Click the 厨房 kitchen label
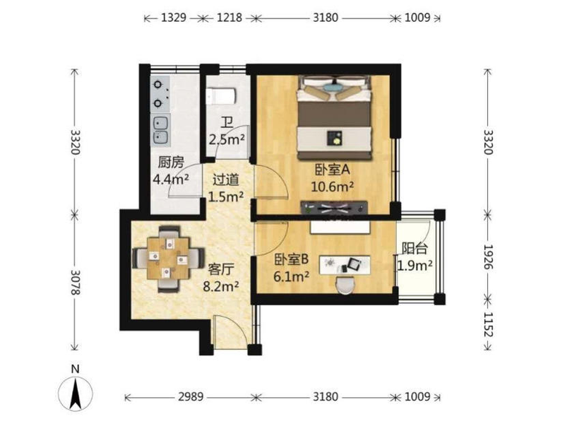[x=171, y=163]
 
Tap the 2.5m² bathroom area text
[x=227, y=139]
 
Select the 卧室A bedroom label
[x=332, y=170]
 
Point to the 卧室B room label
[x=292, y=259]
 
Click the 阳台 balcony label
[x=415, y=249]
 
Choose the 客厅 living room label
[x=221, y=269]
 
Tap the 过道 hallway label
[x=225, y=179]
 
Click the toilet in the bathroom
[x=221, y=96]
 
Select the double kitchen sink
[x=160, y=130]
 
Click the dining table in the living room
[x=168, y=258]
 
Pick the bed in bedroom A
[x=334, y=117]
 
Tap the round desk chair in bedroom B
[x=345, y=285]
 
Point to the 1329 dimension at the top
[x=173, y=17]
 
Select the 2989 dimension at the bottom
[x=191, y=397]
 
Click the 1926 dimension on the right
[x=488, y=257]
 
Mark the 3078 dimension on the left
[x=75, y=282]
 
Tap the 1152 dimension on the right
[x=488, y=324]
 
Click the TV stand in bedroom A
[x=334, y=208]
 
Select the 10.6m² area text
[x=332, y=187]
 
